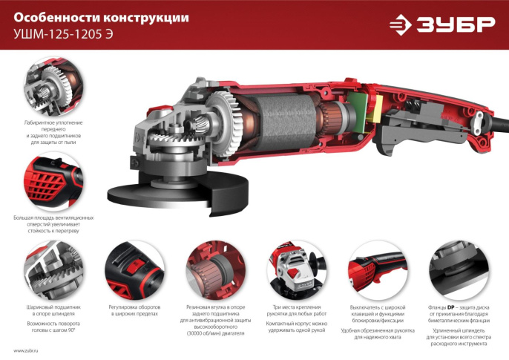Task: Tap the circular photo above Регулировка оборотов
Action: (134, 268)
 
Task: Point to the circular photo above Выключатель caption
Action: (375, 268)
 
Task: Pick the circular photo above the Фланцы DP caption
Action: (456, 268)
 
